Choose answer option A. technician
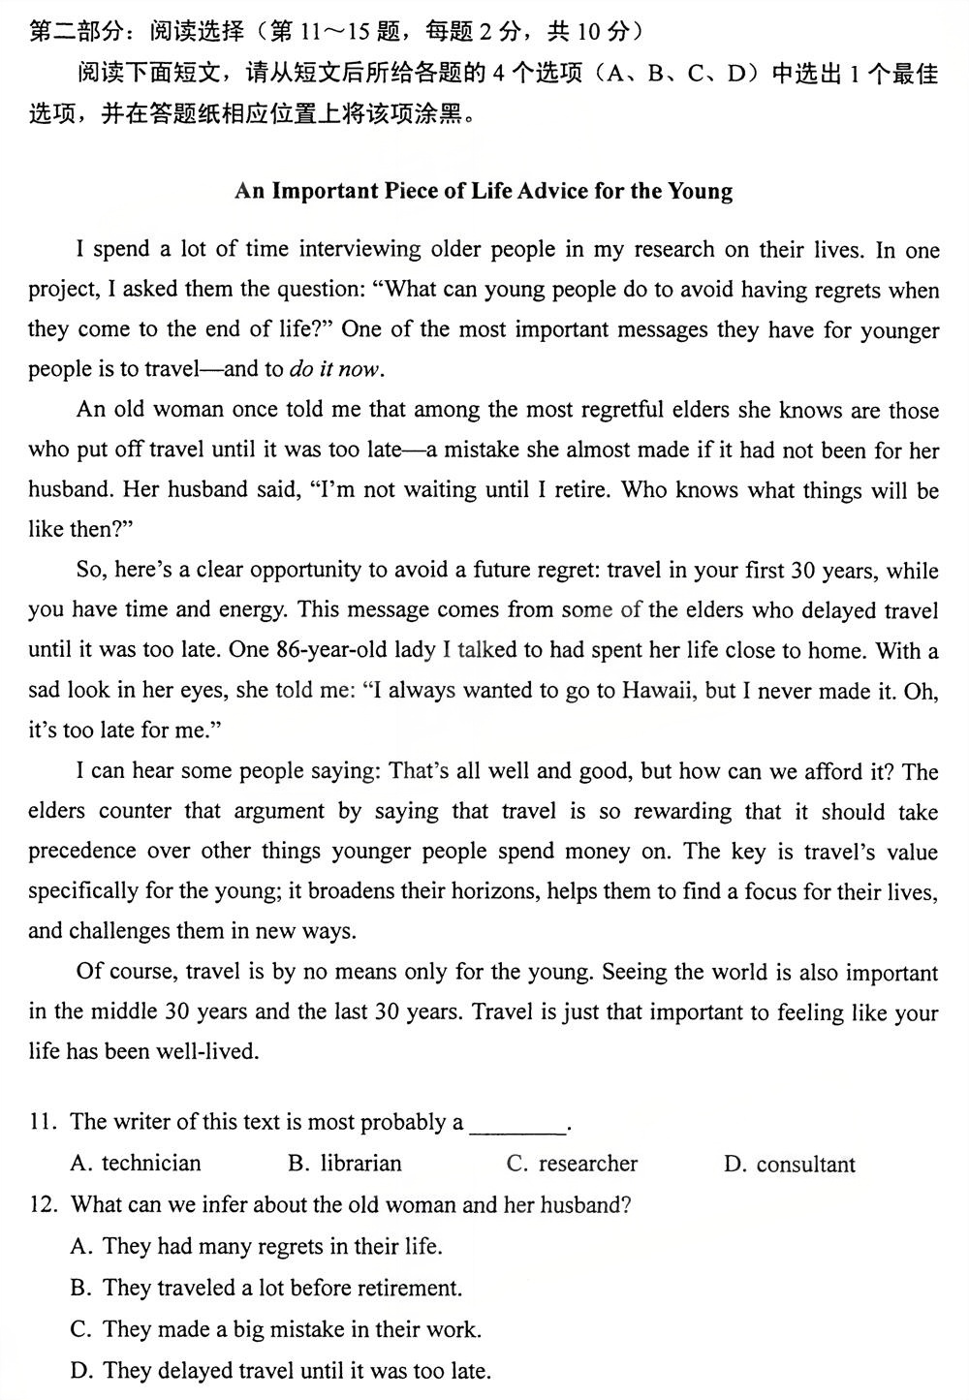click(137, 1163)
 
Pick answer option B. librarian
click(345, 1163)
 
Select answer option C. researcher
click(573, 1163)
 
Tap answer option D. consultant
click(790, 1164)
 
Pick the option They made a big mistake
click(276, 1329)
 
